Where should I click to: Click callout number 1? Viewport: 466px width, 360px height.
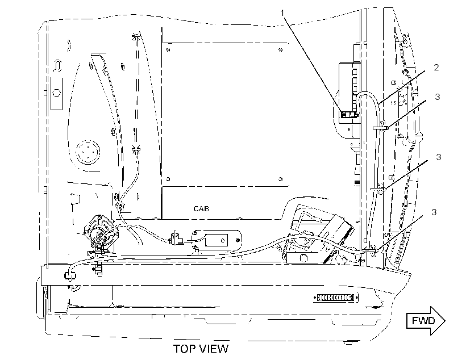point(282,13)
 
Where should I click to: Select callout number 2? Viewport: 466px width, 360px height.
point(436,68)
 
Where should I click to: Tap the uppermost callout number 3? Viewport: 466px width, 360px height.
point(437,97)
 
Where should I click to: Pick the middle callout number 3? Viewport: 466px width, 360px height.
point(438,157)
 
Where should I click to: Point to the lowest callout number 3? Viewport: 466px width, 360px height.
point(434,212)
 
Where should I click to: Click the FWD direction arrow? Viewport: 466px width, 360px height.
point(426,321)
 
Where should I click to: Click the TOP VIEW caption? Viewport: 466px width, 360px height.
point(201,349)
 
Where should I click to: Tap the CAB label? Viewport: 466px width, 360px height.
point(201,209)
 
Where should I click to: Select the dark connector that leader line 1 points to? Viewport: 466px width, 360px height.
point(349,115)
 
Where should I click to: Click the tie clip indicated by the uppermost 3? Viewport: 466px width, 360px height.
point(380,128)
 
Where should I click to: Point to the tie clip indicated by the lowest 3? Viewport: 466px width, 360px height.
point(370,251)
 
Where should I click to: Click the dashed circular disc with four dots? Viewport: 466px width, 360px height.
point(88,152)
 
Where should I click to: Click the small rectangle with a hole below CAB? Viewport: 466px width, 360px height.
point(217,240)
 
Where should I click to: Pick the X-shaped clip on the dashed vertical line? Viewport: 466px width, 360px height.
point(136,149)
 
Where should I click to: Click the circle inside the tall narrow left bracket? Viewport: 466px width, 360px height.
point(56,93)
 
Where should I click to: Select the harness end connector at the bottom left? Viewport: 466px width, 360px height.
point(70,275)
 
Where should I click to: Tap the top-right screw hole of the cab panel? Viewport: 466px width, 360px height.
point(281,50)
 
